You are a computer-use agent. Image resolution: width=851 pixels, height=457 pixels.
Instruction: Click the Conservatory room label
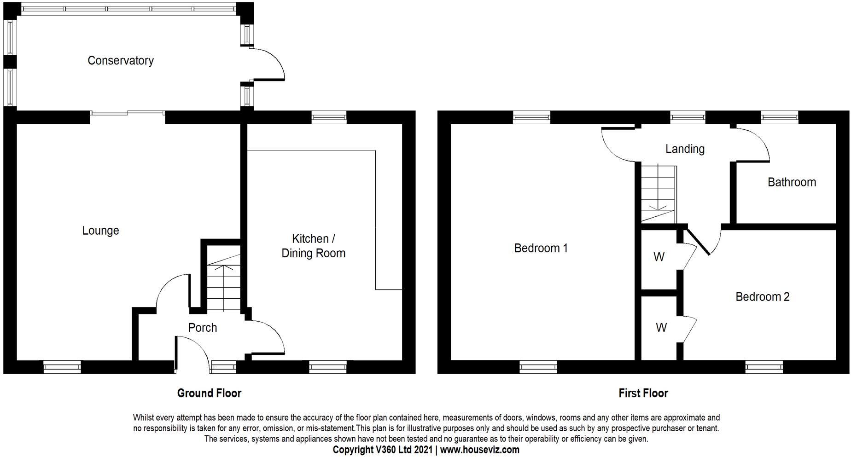[x=120, y=61]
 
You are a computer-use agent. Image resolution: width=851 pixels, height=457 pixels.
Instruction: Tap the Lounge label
[x=100, y=231]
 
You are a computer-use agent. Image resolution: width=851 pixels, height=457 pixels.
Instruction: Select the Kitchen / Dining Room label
[x=313, y=246]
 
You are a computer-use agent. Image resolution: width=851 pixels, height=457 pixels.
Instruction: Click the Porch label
[x=202, y=328]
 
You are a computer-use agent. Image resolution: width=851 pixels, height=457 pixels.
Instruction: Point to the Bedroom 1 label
[x=541, y=249]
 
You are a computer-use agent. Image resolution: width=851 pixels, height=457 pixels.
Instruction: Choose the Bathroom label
[x=792, y=182]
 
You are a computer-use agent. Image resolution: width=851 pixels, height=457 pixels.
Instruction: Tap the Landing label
[x=685, y=149]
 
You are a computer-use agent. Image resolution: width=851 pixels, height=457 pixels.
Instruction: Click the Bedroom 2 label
[x=762, y=297]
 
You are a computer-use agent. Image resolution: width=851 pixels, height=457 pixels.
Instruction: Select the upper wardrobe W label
[x=659, y=257]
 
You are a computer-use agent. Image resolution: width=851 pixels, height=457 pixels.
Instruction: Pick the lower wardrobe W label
[x=661, y=328]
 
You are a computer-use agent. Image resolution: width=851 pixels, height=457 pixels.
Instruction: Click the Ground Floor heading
[x=209, y=393]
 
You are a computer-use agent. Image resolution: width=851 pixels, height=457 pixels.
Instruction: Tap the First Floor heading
[x=643, y=393]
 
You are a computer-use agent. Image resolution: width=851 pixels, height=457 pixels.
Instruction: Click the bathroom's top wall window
[x=779, y=118]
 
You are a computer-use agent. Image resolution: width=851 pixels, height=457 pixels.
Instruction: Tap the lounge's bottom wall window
[x=62, y=367]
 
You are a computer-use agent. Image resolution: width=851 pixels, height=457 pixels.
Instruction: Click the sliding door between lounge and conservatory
[x=128, y=113]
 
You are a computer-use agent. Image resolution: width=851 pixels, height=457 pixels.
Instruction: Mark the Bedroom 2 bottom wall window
[x=764, y=367]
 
